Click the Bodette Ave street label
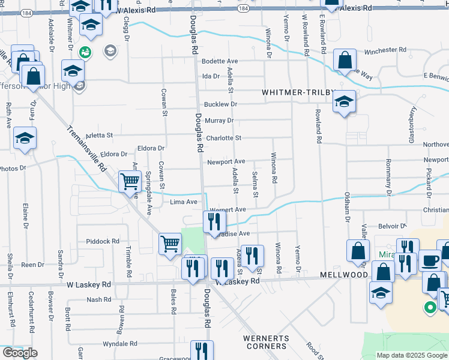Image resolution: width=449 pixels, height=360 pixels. coord(220,61)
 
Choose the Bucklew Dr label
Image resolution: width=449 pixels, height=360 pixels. coord(221,104)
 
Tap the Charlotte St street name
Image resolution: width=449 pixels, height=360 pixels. coord(223,138)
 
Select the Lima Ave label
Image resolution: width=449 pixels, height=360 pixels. coord(184,202)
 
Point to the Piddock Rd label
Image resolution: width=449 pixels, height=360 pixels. coord(103,241)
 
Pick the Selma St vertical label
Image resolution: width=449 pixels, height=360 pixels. coord(255,185)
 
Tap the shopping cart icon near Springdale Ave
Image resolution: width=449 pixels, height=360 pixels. coord(130,181)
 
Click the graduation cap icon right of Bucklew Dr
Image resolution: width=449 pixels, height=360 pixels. coord(345,101)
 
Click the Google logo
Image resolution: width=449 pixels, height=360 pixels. coord(20,353)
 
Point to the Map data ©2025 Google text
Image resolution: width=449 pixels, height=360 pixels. coord(412,355)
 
